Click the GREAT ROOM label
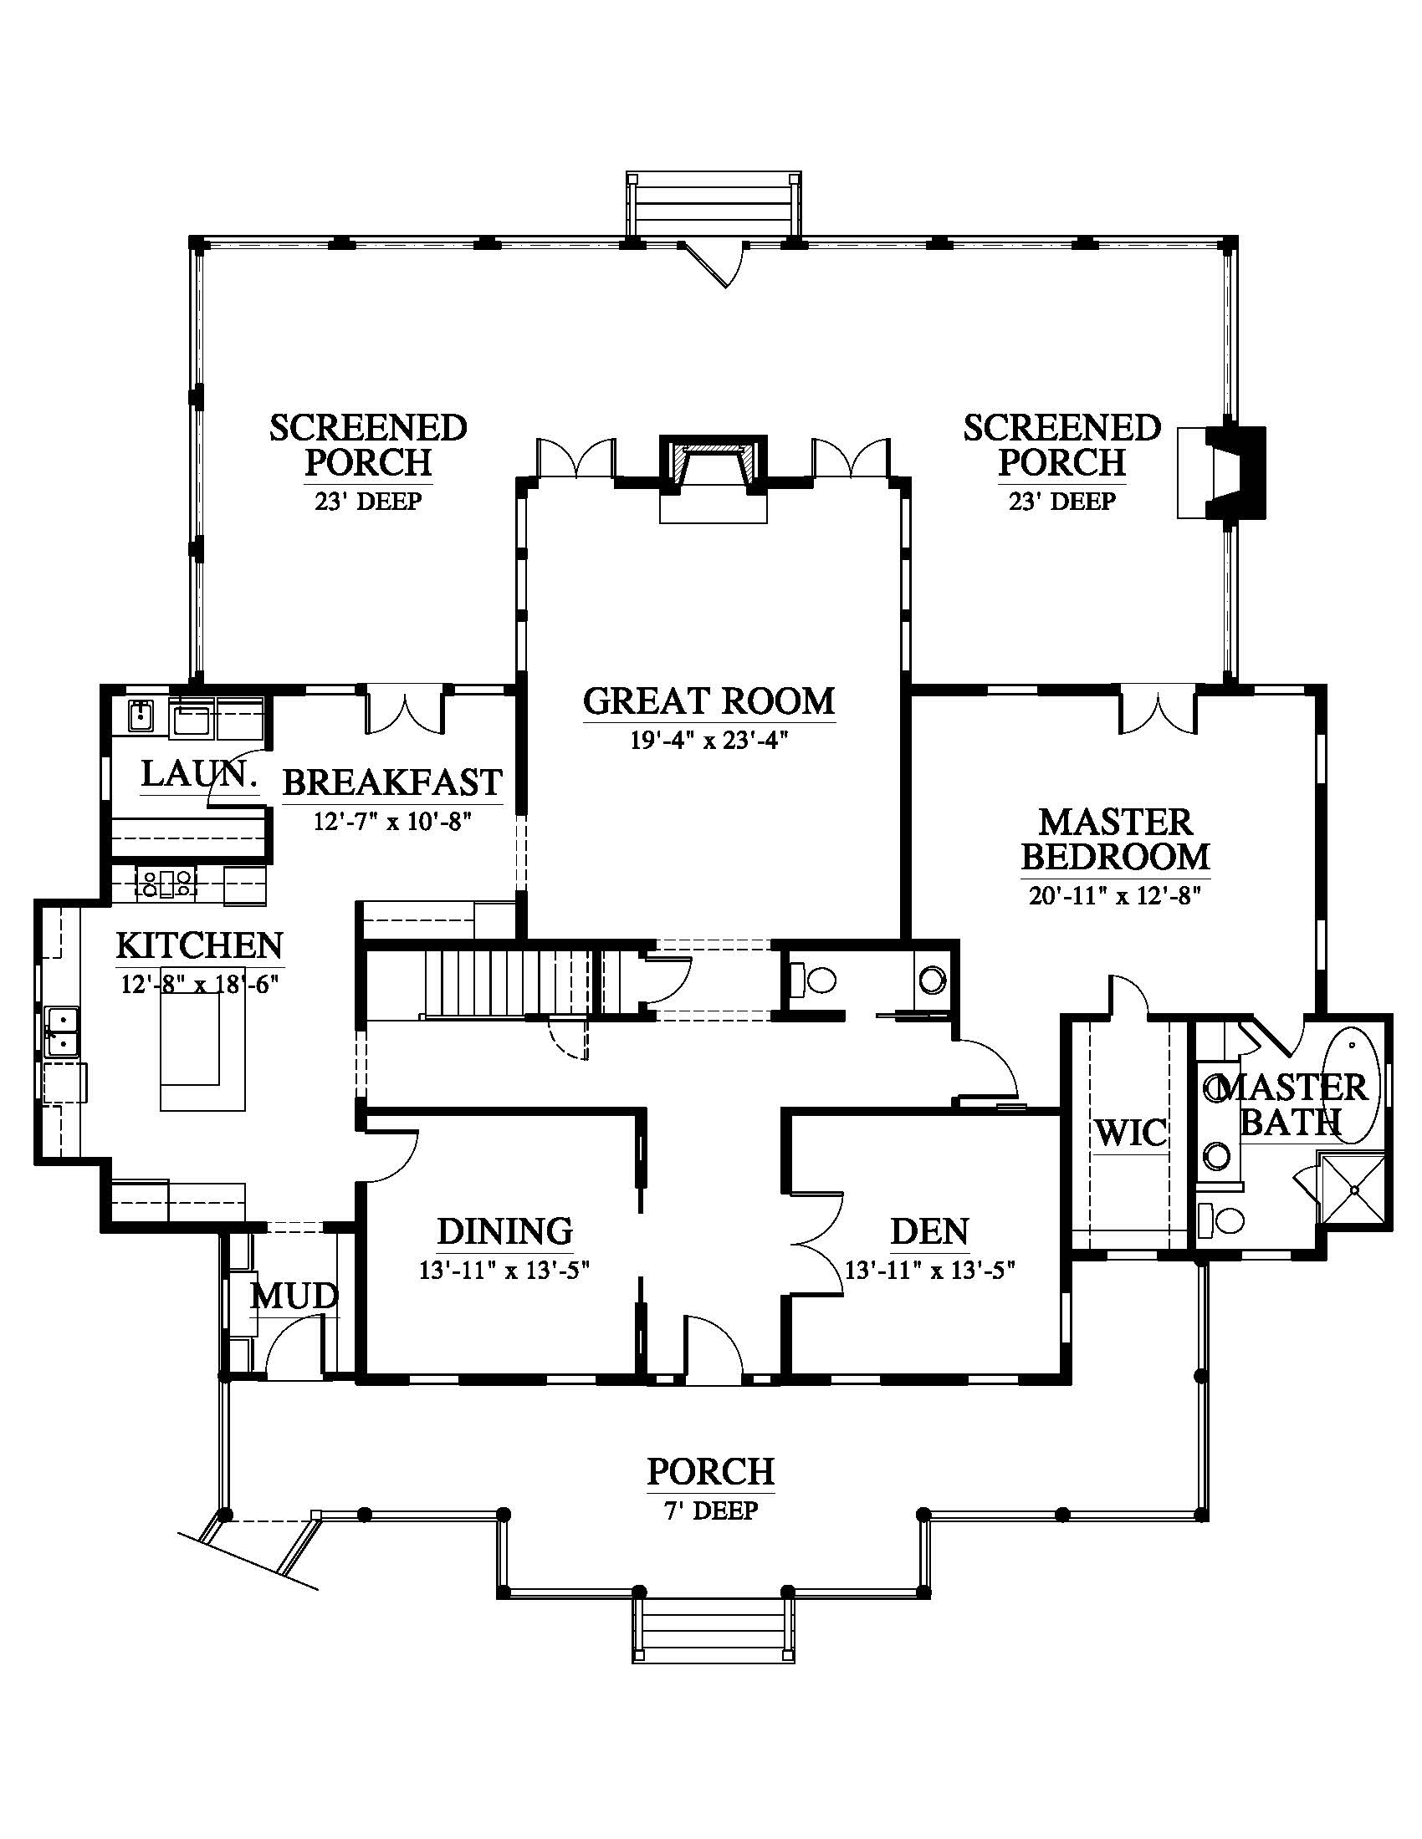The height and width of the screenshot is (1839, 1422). click(708, 700)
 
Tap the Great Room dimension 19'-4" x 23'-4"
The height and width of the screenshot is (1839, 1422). click(708, 740)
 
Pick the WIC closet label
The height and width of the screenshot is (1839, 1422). click(1132, 1133)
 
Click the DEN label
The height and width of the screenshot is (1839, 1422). click(930, 1231)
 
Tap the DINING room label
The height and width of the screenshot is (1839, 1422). click(504, 1231)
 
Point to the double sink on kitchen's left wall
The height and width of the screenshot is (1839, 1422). click(62, 1032)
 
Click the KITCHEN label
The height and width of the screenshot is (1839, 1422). click(200, 945)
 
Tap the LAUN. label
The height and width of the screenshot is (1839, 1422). click(199, 773)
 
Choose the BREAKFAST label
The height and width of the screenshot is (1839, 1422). click(392, 782)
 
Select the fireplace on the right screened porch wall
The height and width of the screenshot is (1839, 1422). click(1221, 472)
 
